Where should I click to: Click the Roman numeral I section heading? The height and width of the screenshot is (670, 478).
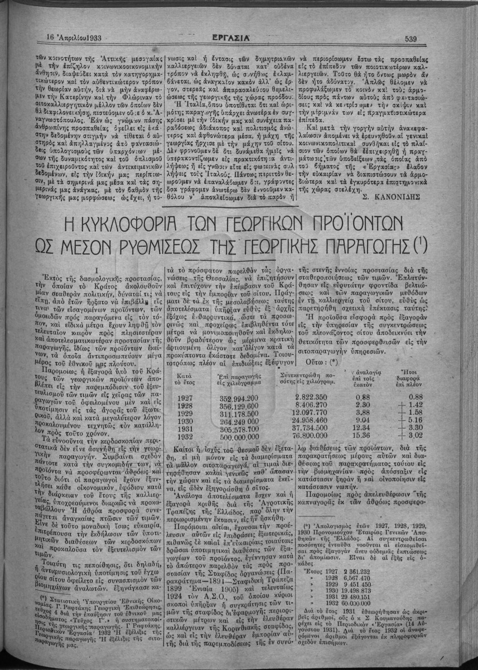(97, 267)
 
